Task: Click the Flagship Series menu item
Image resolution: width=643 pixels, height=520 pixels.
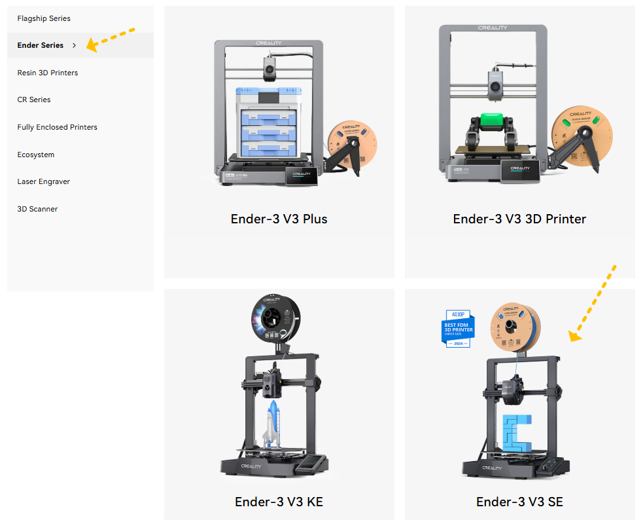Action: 43,18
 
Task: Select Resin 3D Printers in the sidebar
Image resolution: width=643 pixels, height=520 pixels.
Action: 47,73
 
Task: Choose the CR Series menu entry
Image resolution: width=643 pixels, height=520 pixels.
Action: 34,100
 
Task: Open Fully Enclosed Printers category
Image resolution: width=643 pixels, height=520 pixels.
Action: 57,127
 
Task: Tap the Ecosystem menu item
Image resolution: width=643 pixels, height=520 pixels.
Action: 36,155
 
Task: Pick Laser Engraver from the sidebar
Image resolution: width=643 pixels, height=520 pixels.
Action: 43,181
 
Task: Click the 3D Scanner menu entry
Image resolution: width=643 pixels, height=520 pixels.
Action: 37,209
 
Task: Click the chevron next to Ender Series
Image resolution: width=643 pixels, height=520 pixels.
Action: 75,45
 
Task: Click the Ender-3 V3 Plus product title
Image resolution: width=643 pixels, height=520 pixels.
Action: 279,219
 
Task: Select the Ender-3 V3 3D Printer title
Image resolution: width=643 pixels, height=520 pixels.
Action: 519,219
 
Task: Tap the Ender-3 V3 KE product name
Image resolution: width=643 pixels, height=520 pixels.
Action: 279,502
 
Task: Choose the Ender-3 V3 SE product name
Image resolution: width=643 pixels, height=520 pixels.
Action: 519,502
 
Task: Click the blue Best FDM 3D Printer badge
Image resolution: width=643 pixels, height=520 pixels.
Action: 459,328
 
